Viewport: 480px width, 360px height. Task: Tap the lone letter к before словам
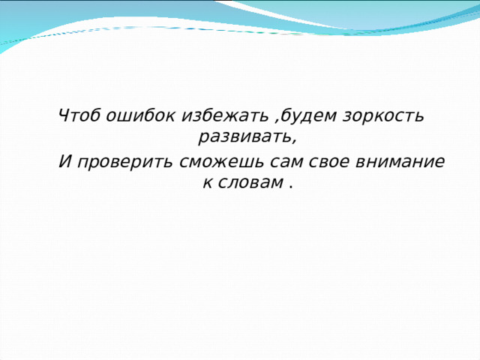tap(208, 183)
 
